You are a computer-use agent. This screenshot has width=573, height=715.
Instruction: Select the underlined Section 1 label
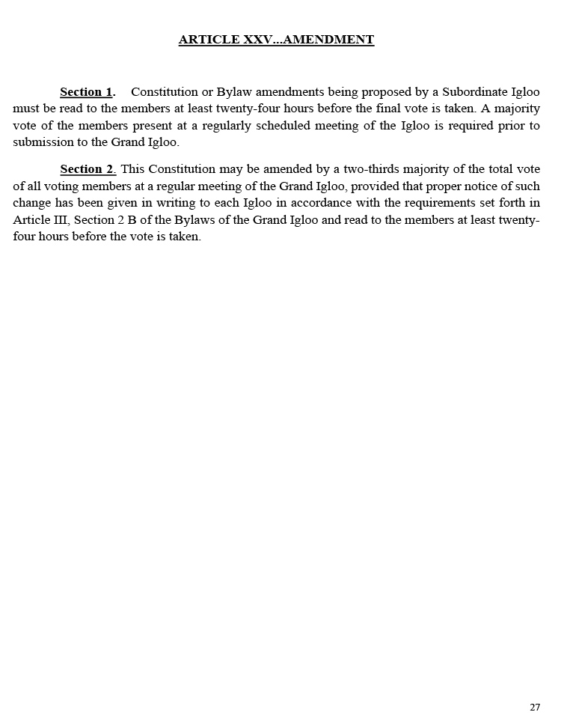(x=86, y=92)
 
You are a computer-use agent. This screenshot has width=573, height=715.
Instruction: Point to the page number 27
(x=535, y=708)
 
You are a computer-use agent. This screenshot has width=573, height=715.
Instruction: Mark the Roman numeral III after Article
(x=57, y=220)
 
